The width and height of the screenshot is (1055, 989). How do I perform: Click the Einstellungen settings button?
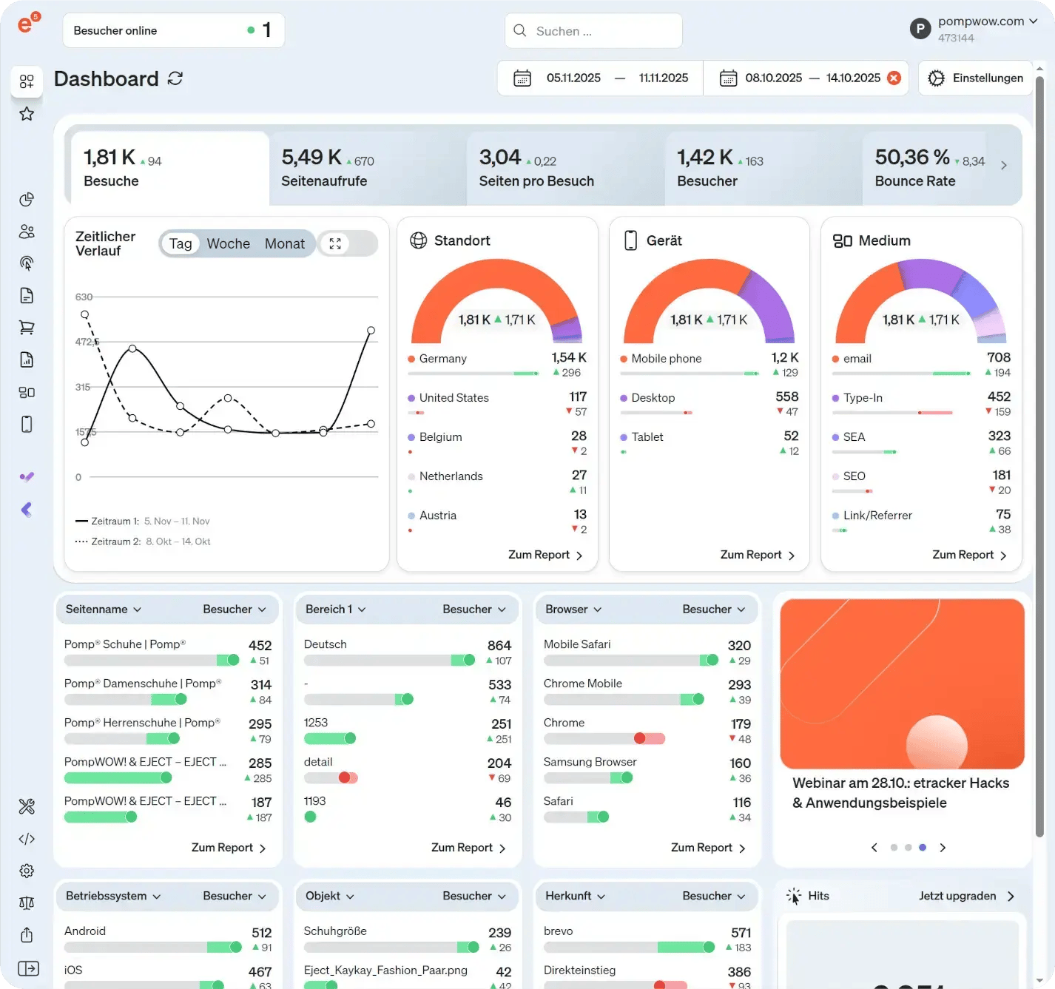coord(976,78)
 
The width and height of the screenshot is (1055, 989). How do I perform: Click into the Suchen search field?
coord(593,31)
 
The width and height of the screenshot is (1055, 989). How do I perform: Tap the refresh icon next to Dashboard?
coord(175,78)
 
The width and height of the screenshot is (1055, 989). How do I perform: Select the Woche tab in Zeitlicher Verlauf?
coord(228,244)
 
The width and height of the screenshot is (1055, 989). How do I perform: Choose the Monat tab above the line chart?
coord(284,244)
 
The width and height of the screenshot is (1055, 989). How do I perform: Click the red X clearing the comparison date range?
coord(894,78)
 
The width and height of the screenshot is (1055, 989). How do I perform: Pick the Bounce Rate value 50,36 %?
coord(911,158)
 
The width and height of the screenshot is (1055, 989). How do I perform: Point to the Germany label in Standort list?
coord(442,359)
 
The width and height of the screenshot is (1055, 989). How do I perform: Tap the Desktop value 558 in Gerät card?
coord(786,397)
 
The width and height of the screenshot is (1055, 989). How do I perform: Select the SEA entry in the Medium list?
coord(854,437)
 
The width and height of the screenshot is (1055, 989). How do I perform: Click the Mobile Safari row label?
coord(577,644)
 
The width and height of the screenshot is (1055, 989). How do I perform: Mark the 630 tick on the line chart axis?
coord(84,297)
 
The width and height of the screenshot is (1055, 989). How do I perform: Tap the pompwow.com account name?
coord(980,21)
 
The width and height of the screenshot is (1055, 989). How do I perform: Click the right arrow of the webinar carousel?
coord(943,848)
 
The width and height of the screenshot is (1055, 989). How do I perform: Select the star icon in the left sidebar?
coord(27,114)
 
